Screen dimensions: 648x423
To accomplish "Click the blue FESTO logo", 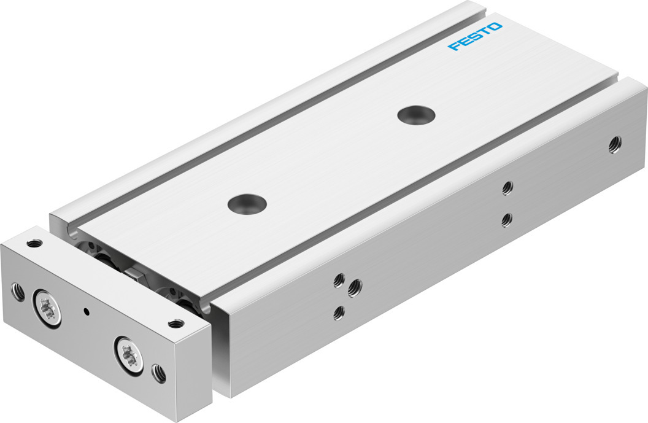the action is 475,36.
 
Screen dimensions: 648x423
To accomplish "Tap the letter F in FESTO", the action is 453,45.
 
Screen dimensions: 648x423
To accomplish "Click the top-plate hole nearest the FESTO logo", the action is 417,115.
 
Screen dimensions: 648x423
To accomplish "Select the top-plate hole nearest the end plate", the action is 247,203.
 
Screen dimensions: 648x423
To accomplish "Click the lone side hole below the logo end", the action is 614,144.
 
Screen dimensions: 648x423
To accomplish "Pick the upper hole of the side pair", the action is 507,188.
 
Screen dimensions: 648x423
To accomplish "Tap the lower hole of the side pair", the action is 507,220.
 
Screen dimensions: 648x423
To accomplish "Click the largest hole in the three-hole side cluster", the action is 355,288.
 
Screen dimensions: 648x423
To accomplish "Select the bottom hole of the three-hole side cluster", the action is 340,312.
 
